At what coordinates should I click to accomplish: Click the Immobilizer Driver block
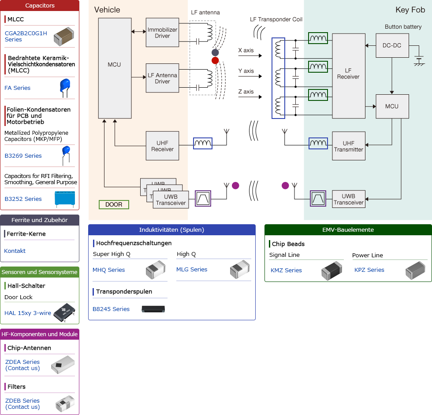pyautogui.click(x=162, y=33)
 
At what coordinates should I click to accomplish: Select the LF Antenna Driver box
pyautogui.click(x=162, y=78)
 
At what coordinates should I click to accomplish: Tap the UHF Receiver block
pyautogui.click(x=162, y=146)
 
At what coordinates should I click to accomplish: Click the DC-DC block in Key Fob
pyautogui.click(x=392, y=45)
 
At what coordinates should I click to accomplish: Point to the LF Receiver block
pyautogui.click(x=348, y=74)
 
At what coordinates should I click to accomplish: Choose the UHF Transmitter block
pyautogui.click(x=348, y=146)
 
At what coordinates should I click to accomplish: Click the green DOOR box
pyautogui.click(x=114, y=204)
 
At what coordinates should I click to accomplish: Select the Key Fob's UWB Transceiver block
pyautogui.click(x=348, y=200)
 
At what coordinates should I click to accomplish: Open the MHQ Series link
pyautogui.click(x=108, y=270)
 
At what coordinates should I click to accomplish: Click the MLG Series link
pyautogui.click(x=192, y=269)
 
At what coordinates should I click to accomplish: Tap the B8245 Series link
pyautogui.click(x=111, y=309)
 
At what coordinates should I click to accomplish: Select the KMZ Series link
pyautogui.click(x=286, y=270)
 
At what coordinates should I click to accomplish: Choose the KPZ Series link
pyautogui.click(x=369, y=270)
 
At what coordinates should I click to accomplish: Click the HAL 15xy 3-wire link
pyautogui.click(x=28, y=313)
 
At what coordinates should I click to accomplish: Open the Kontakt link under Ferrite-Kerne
pyautogui.click(x=15, y=251)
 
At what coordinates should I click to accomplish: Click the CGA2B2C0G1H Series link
pyautogui.click(x=26, y=36)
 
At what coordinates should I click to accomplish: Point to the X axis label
pyautogui.click(x=246, y=50)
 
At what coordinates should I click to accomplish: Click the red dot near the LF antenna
pyautogui.click(x=215, y=60)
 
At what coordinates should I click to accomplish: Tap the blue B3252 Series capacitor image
pyautogui.click(x=65, y=198)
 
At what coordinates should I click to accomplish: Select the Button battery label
pyautogui.click(x=403, y=27)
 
